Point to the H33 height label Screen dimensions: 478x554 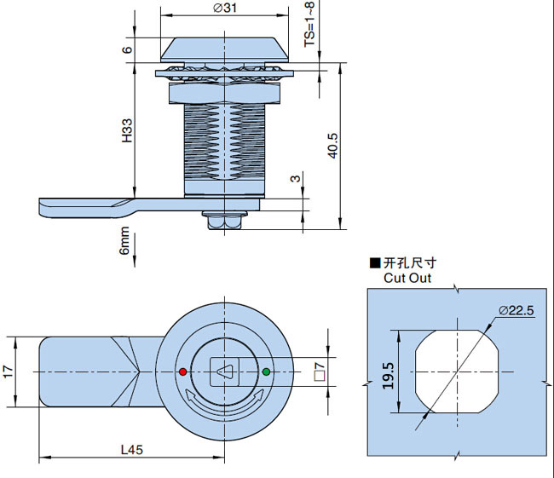coord(126,130)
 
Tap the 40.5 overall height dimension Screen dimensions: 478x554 coord(333,144)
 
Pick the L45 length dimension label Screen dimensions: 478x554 coord(132,450)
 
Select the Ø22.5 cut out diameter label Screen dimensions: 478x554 coord(516,311)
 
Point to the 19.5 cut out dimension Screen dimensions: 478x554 coord(389,372)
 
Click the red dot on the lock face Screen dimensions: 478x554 coord(182,371)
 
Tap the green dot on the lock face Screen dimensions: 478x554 coord(266,371)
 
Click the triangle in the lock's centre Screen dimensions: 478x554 coord(224,371)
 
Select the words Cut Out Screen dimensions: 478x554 coord(407,278)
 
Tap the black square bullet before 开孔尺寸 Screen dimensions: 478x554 coord(374,264)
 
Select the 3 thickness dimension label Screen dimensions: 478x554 coord(295,179)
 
